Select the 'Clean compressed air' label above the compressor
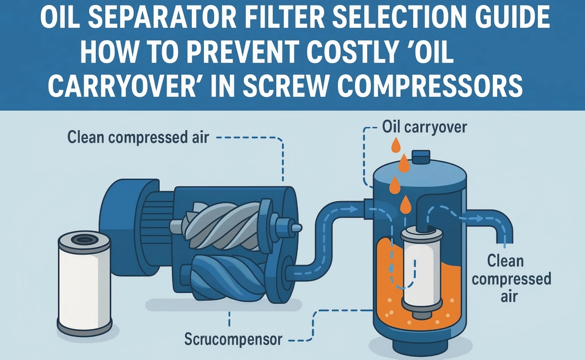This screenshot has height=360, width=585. pyautogui.click(x=138, y=137)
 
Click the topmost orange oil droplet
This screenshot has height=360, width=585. pyautogui.click(x=396, y=145)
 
